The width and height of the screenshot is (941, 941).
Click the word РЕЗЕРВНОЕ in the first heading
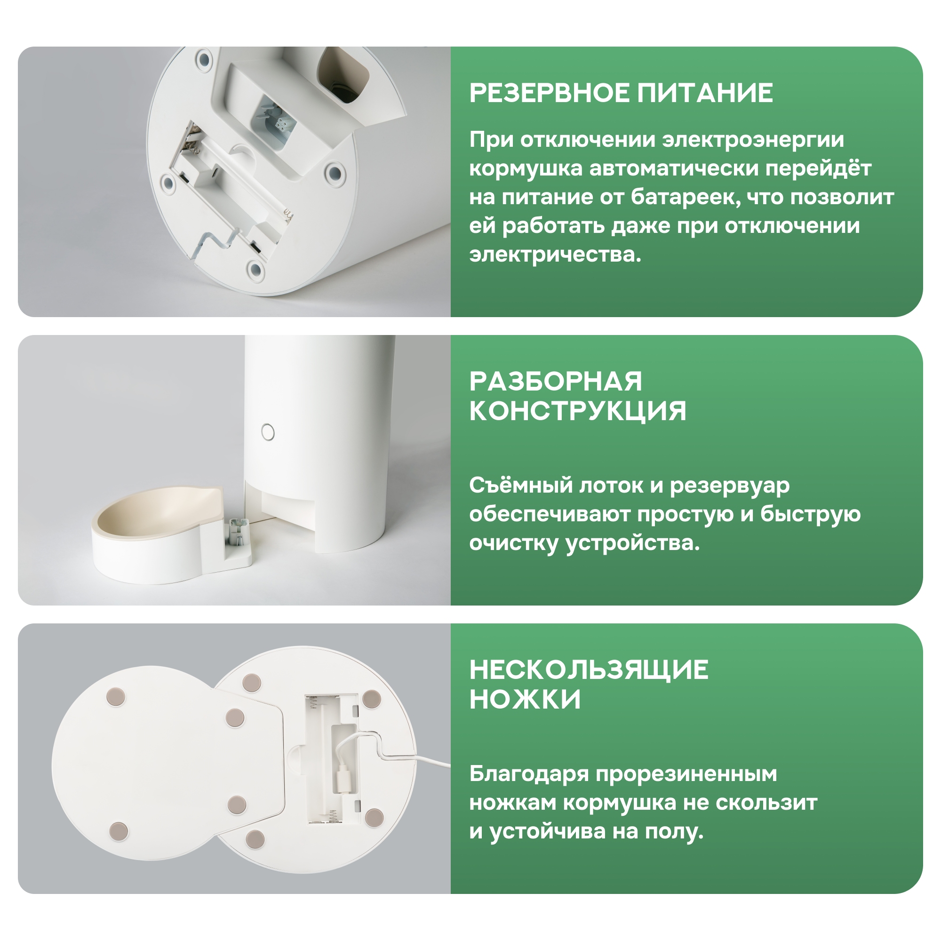(x=549, y=93)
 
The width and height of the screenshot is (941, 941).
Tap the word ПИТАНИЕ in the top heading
(x=705, y=93)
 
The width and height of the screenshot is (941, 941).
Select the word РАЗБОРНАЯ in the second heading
(x=556, y=382)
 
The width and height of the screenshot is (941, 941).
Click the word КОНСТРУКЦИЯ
(x=578, y=411)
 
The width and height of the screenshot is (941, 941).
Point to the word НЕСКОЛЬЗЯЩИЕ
(x=589, y=670)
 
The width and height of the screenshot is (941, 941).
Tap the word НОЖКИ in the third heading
(x=525, y=700)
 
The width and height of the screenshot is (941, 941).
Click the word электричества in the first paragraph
(x=555, y=254)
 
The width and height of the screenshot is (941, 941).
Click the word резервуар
(x=730, y=486)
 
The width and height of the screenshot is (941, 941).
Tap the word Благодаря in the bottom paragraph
(x=529, y=774)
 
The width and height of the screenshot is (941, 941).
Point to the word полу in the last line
(x=675, y=832)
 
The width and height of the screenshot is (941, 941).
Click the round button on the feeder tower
(x=268, y=432)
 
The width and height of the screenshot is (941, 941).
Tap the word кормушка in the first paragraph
(x=526, y=168)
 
